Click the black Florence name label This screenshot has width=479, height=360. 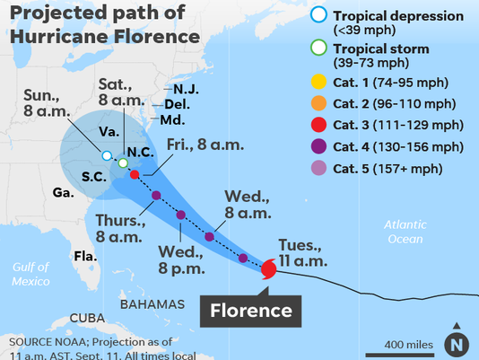pos(251,311)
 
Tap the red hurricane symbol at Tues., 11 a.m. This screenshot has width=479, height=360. pos(269,268)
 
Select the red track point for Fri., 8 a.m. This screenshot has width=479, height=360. pos(135,174)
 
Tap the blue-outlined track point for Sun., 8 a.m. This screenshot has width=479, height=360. pos(107,156)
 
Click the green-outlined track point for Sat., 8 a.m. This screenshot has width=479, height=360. pos(123,162)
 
